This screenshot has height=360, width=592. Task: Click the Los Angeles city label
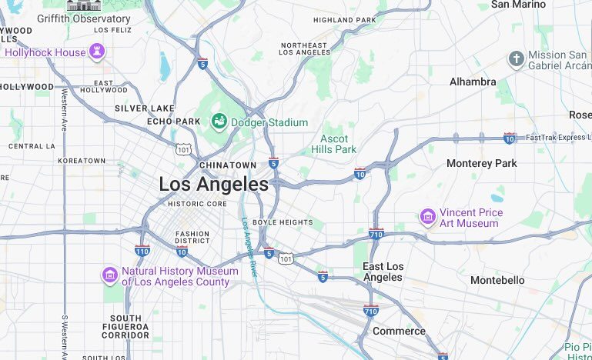point(213,185)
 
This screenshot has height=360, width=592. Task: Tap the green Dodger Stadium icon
point(219,122)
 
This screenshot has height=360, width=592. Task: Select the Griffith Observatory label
point(83,18)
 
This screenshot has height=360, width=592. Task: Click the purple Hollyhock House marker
point(96,52)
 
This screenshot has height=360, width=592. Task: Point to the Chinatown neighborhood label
point(227,165)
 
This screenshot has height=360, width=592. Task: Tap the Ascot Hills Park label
point(334,144)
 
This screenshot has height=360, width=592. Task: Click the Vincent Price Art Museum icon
point(427,218)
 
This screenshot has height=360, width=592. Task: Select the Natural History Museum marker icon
point(110,275)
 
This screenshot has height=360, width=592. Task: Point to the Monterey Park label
point(482,164)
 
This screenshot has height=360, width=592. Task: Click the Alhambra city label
point(473,82)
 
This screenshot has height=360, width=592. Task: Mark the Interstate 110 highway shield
point(142,250)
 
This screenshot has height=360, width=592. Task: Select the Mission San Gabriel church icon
point(516,59)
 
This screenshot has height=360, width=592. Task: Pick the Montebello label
point(497,280)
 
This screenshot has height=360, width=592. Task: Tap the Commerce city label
point(399,331)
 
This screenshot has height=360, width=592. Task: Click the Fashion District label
point(192,237)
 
